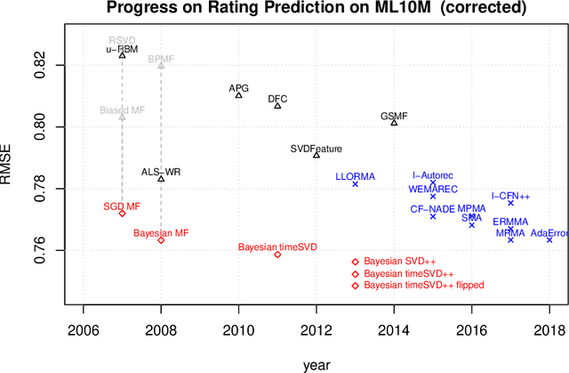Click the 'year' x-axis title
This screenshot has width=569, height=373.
point(316,362)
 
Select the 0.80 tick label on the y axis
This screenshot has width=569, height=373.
point(36,127)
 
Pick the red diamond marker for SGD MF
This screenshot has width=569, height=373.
point(122,214)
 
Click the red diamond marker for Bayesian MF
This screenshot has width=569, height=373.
point(161,240)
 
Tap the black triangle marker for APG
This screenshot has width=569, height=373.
point(238,95)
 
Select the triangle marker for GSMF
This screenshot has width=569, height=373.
point(394,123)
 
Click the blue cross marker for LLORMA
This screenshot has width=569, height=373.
point(355,184)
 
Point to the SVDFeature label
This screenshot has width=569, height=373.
point(317,148)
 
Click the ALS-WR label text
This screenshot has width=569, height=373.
point(161,172)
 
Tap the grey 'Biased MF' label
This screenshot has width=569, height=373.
point(122,110)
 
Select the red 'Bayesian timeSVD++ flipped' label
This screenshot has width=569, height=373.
point(424,286)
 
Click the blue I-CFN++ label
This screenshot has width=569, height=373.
point(510,196)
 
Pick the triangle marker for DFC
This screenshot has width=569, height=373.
point(277,106)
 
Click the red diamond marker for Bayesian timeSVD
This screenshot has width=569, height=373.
point(277,255)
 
